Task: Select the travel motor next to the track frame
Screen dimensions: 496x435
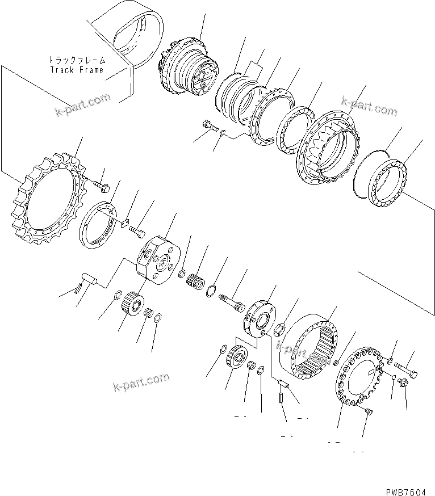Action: (x=190, y=67)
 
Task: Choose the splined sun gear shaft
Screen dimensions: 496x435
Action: (x=232, y=300)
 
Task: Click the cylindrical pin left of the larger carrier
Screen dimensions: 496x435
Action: (x=89, y=279)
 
